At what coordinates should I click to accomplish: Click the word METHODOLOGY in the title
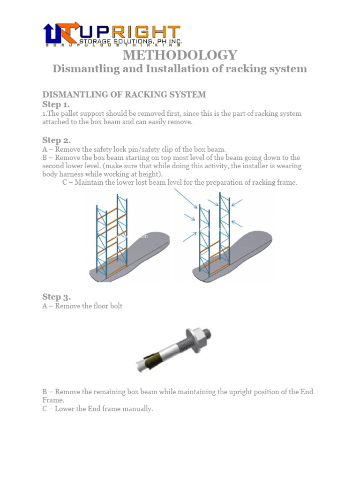click(x=180, y=55)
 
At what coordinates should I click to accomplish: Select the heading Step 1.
click(x=56, y=104)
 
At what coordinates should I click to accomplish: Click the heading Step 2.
click(x=56, y=140)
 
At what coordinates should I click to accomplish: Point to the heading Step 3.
click(x=56, y=296)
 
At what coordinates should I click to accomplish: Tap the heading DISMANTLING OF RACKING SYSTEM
click(x=124, y=94)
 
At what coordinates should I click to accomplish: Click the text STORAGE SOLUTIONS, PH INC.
click(x=130, y=42)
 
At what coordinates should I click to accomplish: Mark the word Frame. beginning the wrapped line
click(x=52, y=400)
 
